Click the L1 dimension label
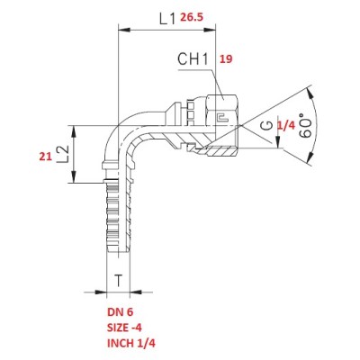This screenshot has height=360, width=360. tap(167, 19)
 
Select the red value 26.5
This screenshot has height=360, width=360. tap(192, 17)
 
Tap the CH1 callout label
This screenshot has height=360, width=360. tap(193, 58)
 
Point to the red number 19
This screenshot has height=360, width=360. tap(226, 59)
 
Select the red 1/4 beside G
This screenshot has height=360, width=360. tap(285, 126)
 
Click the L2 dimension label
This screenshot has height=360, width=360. tap(63, 154)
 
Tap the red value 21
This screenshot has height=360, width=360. tap(46, 157)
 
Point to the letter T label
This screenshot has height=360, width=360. tap(119, 281)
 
